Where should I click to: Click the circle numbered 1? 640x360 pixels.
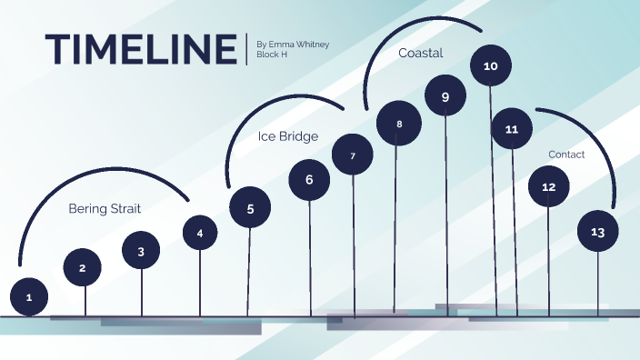point(29,296)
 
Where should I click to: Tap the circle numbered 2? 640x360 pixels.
point(83,267)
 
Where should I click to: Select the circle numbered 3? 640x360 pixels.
point(141,251)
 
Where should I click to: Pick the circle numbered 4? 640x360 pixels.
point(200,233)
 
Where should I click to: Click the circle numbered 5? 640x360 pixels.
point(250,207)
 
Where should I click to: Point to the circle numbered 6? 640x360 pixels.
point(309,180)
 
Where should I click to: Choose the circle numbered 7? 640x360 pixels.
point(353,155)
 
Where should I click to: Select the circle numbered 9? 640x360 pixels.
point(445,96)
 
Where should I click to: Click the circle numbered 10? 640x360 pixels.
point(490,66)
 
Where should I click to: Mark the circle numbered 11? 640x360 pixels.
point(512,129)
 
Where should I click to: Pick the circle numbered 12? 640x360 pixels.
point(548,186)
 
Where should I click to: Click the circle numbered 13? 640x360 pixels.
point(597,232)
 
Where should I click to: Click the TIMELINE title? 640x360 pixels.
point(140,48)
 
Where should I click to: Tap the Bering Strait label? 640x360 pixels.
point(105,208)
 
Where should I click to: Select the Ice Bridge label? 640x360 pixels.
point(287,137)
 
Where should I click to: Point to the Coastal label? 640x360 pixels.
point(420,53)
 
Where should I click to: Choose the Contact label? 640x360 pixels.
point(566,155)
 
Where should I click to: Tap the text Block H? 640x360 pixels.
point(272,55)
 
